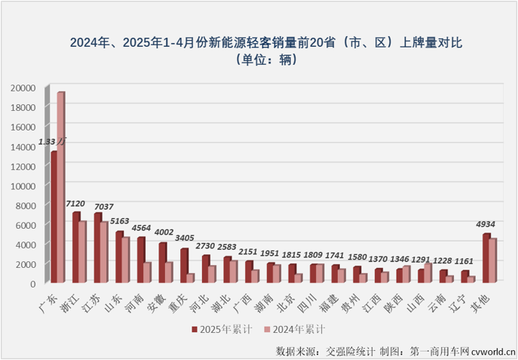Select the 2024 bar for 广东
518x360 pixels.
point(61,188)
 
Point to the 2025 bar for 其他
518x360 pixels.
point(486,259)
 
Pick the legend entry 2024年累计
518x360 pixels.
point(299,329)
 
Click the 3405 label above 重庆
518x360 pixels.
point(183,238)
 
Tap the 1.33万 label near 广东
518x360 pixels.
point(52,141)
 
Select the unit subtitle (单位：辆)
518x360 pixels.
point(259,60)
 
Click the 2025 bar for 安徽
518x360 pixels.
point(162,263)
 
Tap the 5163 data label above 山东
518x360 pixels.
point(118,222)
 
